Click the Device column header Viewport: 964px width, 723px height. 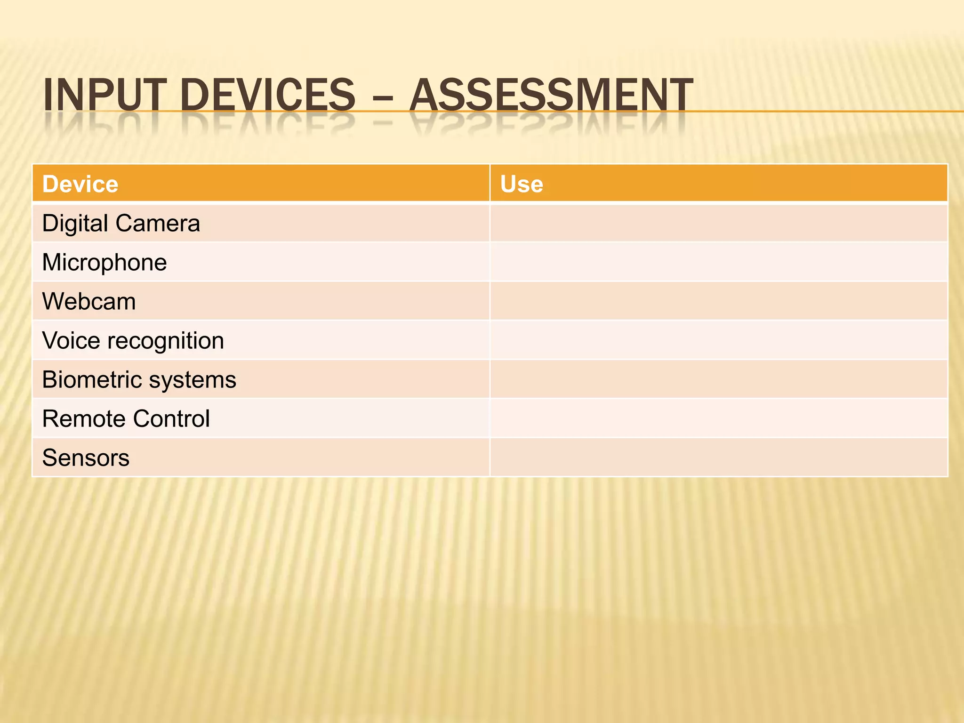[x=80, y=184]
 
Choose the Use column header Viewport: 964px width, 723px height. [x=522, y=184]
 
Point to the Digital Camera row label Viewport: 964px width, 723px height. [x=121, y=223]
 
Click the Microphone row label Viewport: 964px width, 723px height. [x=104, y=262]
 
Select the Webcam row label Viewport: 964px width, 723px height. [x=89, y=301]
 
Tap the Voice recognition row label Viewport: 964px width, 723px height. [x=133, y=340]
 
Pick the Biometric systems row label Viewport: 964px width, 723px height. [x=139, y=379]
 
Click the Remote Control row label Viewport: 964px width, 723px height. [x=126, y=418]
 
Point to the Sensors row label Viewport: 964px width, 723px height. [x=86, y=458]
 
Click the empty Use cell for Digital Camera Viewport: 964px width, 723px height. [x=718, y=223]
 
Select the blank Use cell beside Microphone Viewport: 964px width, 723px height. [x=718, y=262]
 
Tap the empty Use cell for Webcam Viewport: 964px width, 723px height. [x=718, y=301]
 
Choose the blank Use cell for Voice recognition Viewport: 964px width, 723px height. [x=718, y=340]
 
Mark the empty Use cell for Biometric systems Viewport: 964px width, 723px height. [x=718, y=379]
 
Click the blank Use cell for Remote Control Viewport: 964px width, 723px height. [x=718, y=418]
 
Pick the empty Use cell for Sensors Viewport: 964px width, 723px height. [x=718, y=458]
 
